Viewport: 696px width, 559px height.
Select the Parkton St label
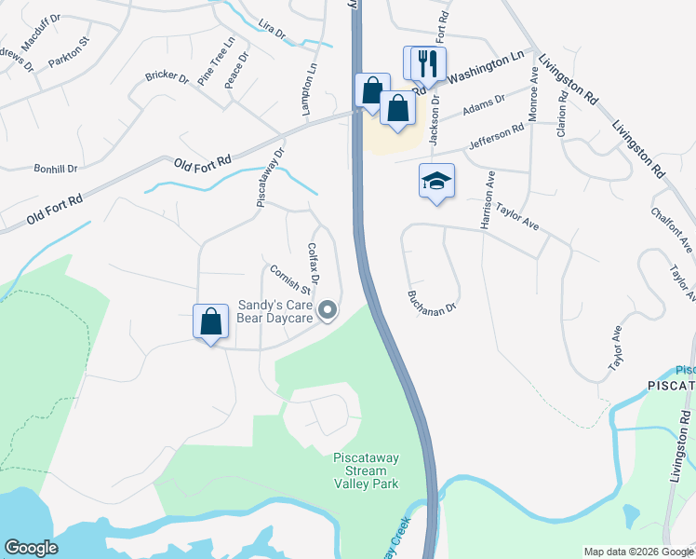pos(69,63)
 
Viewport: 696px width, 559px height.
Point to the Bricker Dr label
pos(167,79)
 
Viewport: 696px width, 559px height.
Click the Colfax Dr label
pos(314,265)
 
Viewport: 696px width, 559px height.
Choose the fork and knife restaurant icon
pos(428,62)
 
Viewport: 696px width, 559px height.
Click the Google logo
pos(31,548)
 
